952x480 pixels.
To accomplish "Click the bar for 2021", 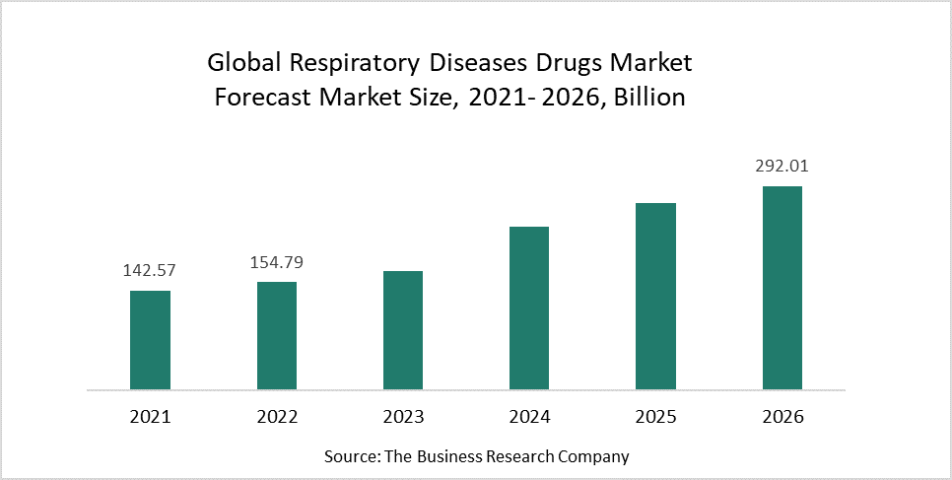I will [150, 339].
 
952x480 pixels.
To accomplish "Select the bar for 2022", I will [277, 335].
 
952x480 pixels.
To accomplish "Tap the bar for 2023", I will [403, 329].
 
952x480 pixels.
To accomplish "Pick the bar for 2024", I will [529, 308].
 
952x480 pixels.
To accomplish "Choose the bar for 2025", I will [655, 296].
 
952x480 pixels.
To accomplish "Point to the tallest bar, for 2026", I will [782, 287].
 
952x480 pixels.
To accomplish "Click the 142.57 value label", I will [150, 270].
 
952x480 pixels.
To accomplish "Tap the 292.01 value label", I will [782, 167].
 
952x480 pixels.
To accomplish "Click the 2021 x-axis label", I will [150, 417].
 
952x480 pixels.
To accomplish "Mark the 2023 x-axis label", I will [403, 417].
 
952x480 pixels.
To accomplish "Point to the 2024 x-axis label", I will [529, 417].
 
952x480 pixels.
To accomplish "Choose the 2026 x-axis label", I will [782, 417].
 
